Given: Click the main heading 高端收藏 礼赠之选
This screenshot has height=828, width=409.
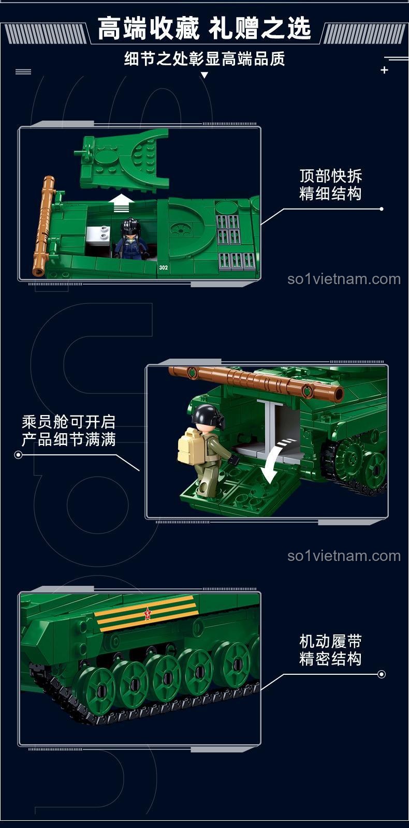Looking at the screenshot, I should tap(204, 28).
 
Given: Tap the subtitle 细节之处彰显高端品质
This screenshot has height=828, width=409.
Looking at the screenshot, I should tap(204, 59).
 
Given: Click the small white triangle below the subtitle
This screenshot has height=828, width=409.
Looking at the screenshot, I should tap(204, 76).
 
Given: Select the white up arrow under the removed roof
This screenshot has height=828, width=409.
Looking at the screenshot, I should tap(121, 203).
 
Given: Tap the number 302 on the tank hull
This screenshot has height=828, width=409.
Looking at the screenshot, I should tap(164, 268).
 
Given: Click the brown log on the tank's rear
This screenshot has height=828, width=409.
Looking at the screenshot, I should tap(44, 226).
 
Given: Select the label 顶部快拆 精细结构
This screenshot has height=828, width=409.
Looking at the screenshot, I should tap(330, 185).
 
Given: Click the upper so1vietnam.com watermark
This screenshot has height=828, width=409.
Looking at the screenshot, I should tap(344, 279).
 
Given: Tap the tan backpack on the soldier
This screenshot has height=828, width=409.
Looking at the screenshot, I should tap(189, 446).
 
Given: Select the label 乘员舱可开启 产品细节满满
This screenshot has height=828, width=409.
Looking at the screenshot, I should tap(68, 431).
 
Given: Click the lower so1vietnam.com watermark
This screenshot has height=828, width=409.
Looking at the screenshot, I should tap(344, 556).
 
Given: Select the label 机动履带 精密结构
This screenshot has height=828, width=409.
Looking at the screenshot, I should tap(330, 650).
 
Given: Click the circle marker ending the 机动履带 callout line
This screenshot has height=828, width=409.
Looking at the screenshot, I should tap(382, 674).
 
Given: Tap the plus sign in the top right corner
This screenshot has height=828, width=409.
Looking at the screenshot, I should tap(384, 70).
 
